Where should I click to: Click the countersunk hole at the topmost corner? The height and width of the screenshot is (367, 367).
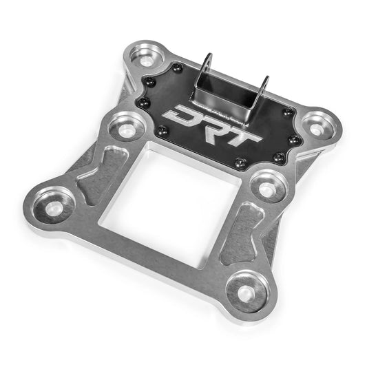(147, 57)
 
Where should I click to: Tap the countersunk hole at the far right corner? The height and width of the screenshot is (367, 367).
(317, 128)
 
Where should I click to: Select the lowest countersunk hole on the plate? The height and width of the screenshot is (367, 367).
(247, 289)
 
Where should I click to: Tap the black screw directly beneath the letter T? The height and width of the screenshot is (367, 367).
(240, 164)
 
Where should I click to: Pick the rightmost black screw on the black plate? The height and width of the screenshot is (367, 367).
(295, 140)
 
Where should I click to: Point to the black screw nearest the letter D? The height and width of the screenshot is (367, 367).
(162, 131)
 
